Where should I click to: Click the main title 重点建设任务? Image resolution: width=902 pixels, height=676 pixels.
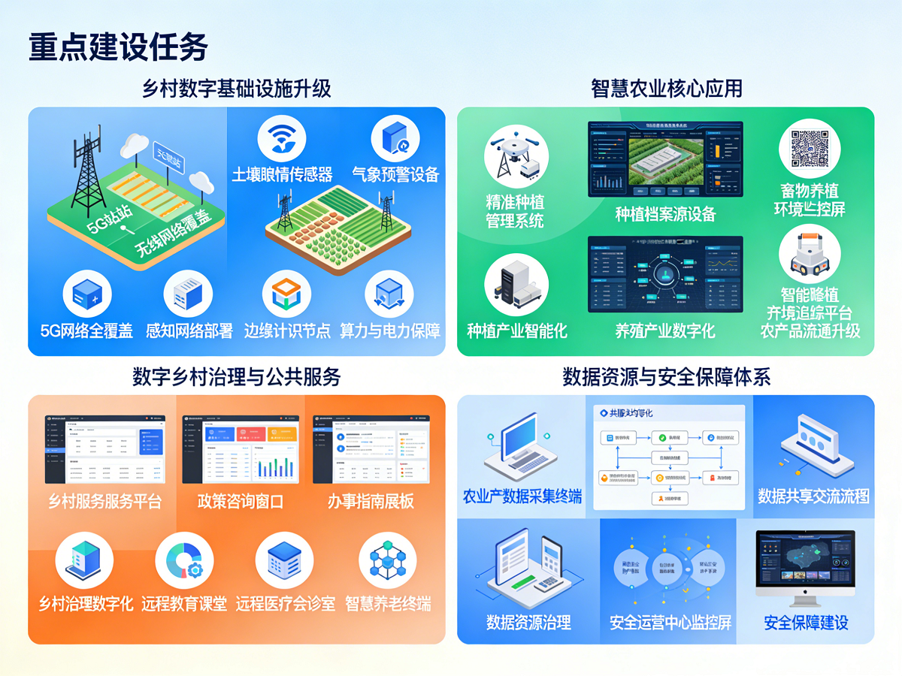118,47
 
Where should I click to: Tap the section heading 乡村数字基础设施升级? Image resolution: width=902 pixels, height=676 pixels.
237,89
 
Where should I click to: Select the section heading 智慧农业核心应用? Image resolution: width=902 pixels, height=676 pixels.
666,89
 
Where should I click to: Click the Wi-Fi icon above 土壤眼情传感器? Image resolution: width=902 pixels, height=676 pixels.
282,138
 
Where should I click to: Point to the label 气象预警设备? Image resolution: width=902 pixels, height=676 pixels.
395,175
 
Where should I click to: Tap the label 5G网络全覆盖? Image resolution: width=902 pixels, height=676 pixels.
86,330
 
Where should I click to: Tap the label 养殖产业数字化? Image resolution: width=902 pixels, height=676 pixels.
665,330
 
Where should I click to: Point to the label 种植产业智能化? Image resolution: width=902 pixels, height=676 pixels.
517,330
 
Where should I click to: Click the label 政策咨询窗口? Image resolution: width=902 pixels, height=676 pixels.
241,501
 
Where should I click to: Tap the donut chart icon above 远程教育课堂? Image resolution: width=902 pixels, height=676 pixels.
184,561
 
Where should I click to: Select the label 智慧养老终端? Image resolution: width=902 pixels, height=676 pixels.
388,603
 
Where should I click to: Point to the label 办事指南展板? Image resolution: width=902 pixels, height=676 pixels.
371,501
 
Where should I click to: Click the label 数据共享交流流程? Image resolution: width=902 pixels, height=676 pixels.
813,496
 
